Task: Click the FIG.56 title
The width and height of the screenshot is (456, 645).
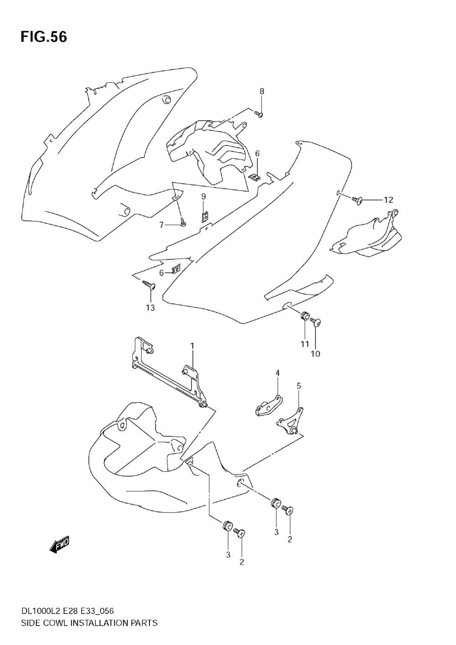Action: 43,37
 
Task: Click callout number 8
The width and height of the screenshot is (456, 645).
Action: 262,91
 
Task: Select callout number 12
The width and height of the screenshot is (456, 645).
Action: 388,200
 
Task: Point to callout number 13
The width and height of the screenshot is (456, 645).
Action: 150,308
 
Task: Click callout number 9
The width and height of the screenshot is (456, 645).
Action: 204,196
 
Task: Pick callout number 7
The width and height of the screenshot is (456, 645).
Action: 161,225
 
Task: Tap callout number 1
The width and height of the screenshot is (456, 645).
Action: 192,346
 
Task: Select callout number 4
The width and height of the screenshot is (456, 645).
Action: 277,373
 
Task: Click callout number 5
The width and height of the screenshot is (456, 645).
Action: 299,386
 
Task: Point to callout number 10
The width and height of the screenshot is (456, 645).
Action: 316,353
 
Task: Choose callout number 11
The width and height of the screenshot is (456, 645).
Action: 305,344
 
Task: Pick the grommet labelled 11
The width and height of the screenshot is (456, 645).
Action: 304,316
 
